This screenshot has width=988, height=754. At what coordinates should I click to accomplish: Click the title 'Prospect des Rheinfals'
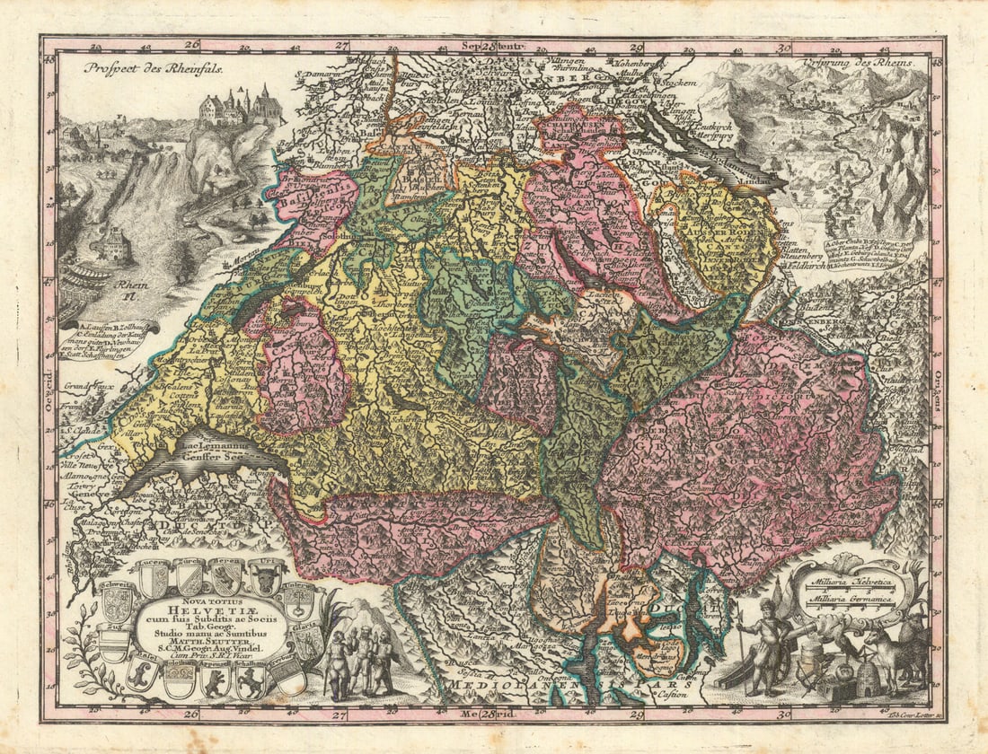pyautogui.click(x=153, y=66)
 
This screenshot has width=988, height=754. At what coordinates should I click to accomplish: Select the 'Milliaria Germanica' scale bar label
pyautogui.click(x=849, y=600)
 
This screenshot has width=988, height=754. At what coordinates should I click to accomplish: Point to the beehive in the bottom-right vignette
pyautogui.click(x=868, y=679)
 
